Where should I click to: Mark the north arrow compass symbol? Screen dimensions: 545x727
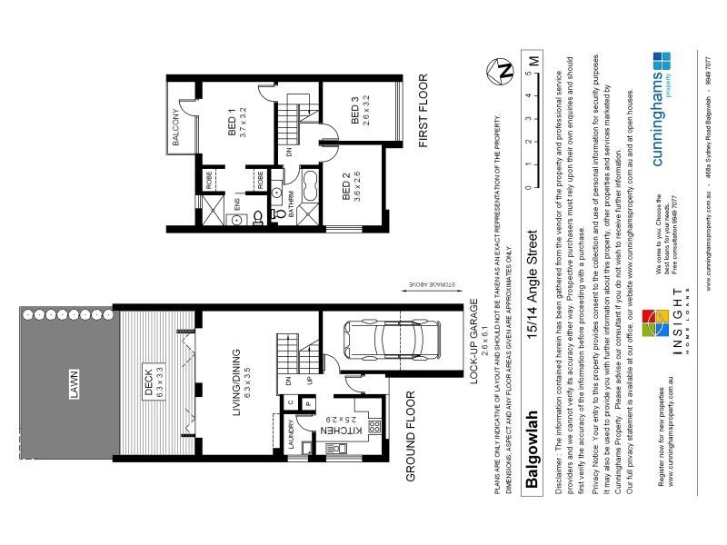click(498, 68)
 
